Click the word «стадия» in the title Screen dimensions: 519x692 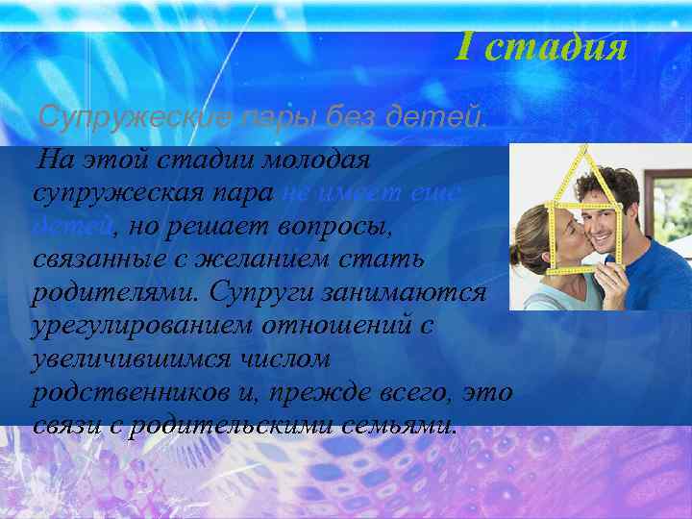556,46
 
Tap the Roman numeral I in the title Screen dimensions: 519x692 463,45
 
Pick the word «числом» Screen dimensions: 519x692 286,358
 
